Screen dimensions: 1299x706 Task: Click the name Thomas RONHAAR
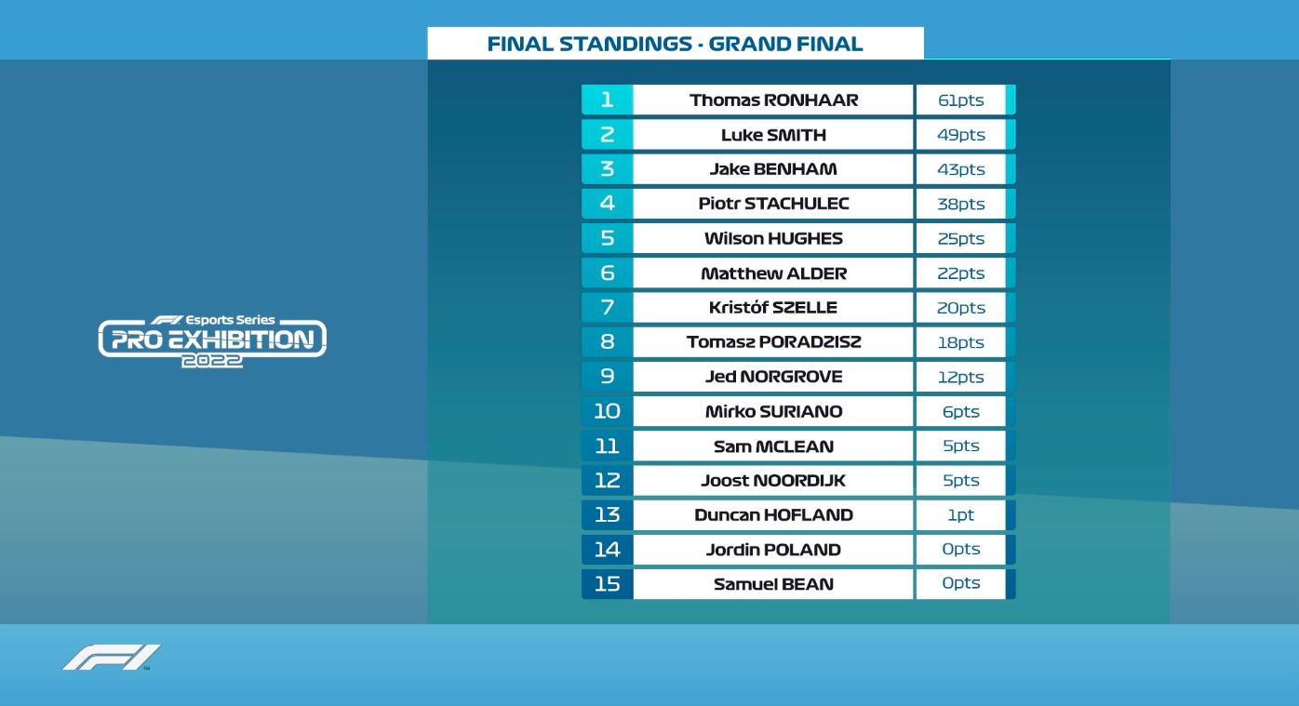773,100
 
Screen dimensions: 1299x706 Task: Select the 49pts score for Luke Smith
961,135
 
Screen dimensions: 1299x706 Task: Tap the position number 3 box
608,168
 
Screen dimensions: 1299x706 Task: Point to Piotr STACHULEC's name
773,204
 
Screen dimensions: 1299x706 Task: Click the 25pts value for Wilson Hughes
961,238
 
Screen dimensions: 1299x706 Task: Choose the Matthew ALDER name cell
773,273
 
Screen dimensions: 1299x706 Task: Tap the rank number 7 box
608,307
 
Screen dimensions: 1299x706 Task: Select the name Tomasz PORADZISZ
773,342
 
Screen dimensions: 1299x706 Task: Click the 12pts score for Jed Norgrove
961,377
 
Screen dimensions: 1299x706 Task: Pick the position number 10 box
608,411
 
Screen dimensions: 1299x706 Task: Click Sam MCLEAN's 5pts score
961,446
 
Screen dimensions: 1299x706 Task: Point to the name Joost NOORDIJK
773,481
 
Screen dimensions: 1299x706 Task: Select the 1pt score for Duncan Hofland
961,514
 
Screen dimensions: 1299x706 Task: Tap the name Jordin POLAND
773,550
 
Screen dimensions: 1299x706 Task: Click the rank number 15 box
608,584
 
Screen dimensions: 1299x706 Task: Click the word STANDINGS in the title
625,44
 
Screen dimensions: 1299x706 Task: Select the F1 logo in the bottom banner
112,658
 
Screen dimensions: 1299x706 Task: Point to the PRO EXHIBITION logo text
212,340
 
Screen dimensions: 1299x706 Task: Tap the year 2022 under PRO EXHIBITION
211,361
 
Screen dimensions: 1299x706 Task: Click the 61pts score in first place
961,100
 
